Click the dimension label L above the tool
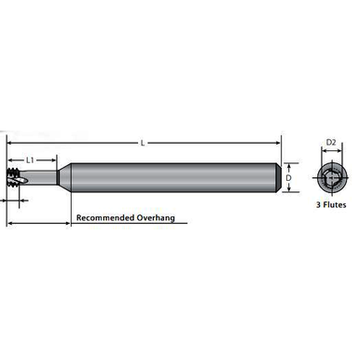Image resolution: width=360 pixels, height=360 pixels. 143,142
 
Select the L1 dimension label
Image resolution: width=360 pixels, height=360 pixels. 31,160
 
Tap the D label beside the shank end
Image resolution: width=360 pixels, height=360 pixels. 289,176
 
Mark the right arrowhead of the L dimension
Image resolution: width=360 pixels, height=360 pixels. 277,142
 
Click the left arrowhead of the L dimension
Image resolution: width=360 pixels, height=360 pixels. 10,142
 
